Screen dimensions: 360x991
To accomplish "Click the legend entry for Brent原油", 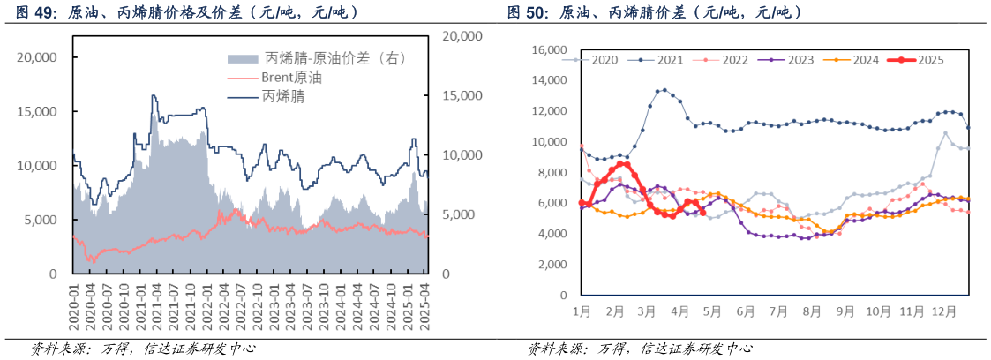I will point(291,78).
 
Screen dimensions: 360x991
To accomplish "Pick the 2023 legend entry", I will point(800,60).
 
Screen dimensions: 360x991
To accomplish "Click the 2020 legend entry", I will point(604,60).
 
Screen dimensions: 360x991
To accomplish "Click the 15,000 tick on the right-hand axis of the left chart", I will point(460,95).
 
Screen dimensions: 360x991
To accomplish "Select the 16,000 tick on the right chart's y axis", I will point(550,50).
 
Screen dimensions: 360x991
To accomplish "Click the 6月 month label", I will point(747,311).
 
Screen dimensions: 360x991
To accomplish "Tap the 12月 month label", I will point(942,311).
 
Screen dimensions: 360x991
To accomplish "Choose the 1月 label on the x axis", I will point(582,311).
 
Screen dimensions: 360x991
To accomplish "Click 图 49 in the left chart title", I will point(33,12).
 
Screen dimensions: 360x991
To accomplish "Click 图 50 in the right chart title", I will point(524,12).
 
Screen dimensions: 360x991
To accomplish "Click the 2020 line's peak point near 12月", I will point(946,133).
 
